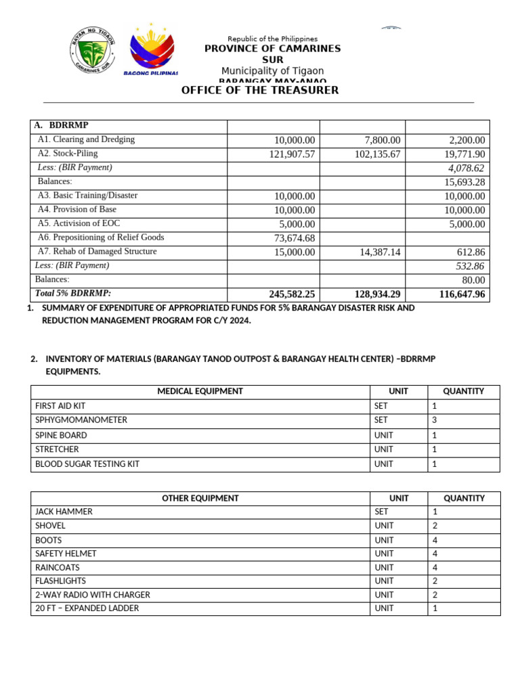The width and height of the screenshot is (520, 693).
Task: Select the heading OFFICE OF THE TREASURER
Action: point(259,90)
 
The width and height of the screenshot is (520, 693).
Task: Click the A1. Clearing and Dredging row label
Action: point(86,139)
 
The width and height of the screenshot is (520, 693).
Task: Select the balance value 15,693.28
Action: point(463,182)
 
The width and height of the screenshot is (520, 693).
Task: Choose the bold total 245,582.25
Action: point(292,294)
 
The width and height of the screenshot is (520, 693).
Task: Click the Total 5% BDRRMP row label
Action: point(73,294)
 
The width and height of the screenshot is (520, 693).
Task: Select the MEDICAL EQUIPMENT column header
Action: point(200,391)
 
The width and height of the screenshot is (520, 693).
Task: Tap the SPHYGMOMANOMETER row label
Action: point(81,420)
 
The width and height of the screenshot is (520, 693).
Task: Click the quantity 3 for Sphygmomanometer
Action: point(434,420)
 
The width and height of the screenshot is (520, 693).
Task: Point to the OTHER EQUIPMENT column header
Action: point(200,498)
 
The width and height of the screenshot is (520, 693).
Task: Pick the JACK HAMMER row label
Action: point(64,512)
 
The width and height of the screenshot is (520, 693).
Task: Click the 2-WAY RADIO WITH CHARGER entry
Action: point(93,595)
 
